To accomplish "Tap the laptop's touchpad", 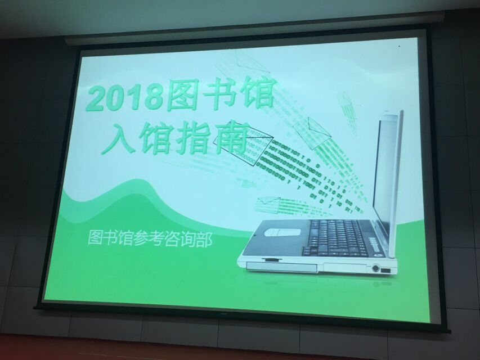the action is (281, 232).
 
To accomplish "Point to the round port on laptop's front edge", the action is (375, 269).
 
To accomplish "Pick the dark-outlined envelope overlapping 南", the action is (243, 146).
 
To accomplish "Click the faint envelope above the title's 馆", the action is (252, 62).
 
